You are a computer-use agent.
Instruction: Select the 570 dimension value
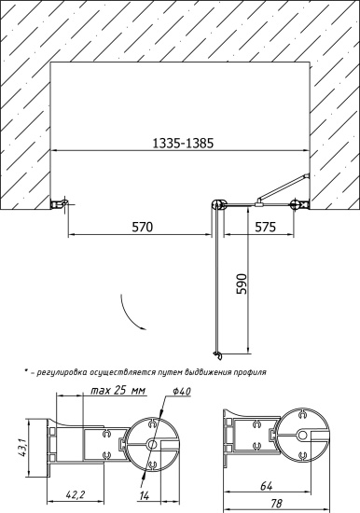tap(142, 227)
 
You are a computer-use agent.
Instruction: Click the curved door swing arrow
tap(131, 313)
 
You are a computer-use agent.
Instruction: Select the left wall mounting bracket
tap(59, 203)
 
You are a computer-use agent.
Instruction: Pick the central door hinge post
tap(219, 204)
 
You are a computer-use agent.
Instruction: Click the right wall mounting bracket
tap(298, 204)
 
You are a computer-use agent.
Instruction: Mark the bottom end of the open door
tap(218, 354)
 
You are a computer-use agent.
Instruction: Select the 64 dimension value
tap(266, 485)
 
